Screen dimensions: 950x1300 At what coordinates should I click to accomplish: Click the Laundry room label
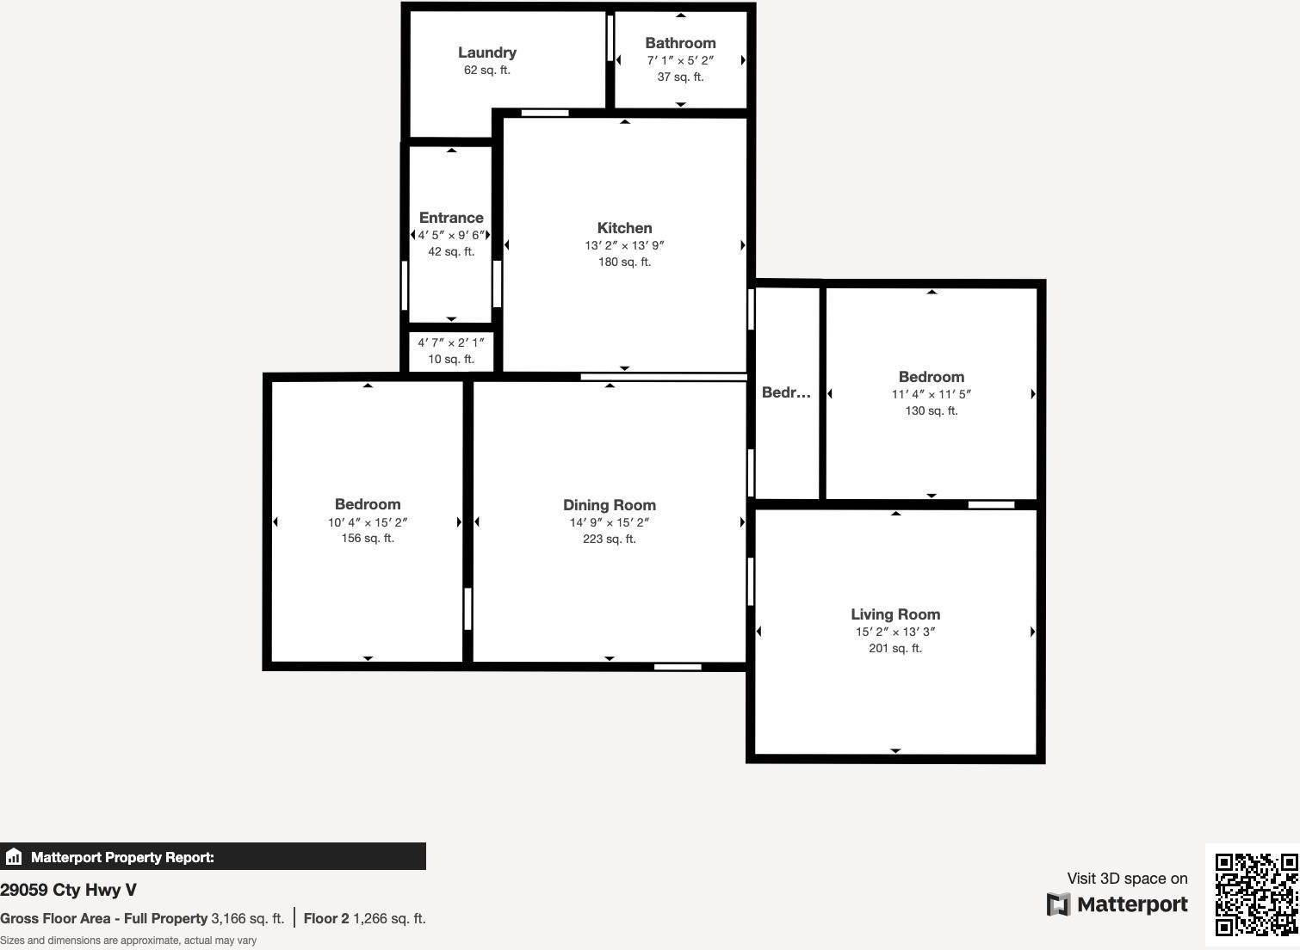(x=486, y=52)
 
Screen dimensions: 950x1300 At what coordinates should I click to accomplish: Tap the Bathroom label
(x=680, y=43)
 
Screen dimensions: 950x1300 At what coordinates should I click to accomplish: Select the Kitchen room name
(x=624, y=228)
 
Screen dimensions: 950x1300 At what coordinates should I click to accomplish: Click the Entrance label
(x=451, y=218)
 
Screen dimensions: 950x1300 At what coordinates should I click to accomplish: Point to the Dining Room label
(x=610, y=505)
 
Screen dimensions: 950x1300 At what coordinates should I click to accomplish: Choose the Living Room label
(x=895, y=614)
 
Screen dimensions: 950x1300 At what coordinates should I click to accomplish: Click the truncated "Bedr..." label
(x=786, y=392)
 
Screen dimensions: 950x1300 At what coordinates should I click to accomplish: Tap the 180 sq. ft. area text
(x=624, y=262)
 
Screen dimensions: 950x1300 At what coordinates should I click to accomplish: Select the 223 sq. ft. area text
(x=610, y=539)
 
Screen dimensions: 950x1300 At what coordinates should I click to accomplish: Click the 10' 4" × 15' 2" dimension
(x=368, y=522)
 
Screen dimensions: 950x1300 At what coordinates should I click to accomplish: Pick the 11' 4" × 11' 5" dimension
(x=931, y=394)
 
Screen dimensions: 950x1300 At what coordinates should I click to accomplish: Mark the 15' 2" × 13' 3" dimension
(x=895, y=632)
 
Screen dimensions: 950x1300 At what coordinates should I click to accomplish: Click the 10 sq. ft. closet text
(x=451, y=359)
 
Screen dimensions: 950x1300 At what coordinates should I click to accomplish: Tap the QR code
(x=1256, y=894)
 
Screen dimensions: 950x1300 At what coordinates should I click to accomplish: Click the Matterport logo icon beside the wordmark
(x=1058, y=904)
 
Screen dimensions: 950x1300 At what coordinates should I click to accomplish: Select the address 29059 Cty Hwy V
(x=68, y=890)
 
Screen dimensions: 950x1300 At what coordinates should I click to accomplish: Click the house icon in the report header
(x=13, y=857)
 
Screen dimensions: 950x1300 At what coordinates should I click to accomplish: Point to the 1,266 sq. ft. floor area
(x=389, y=918)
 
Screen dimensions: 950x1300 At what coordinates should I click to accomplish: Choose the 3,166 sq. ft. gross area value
(x=248, y=918)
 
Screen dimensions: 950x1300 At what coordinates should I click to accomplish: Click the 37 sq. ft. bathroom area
(x=680, y=77)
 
